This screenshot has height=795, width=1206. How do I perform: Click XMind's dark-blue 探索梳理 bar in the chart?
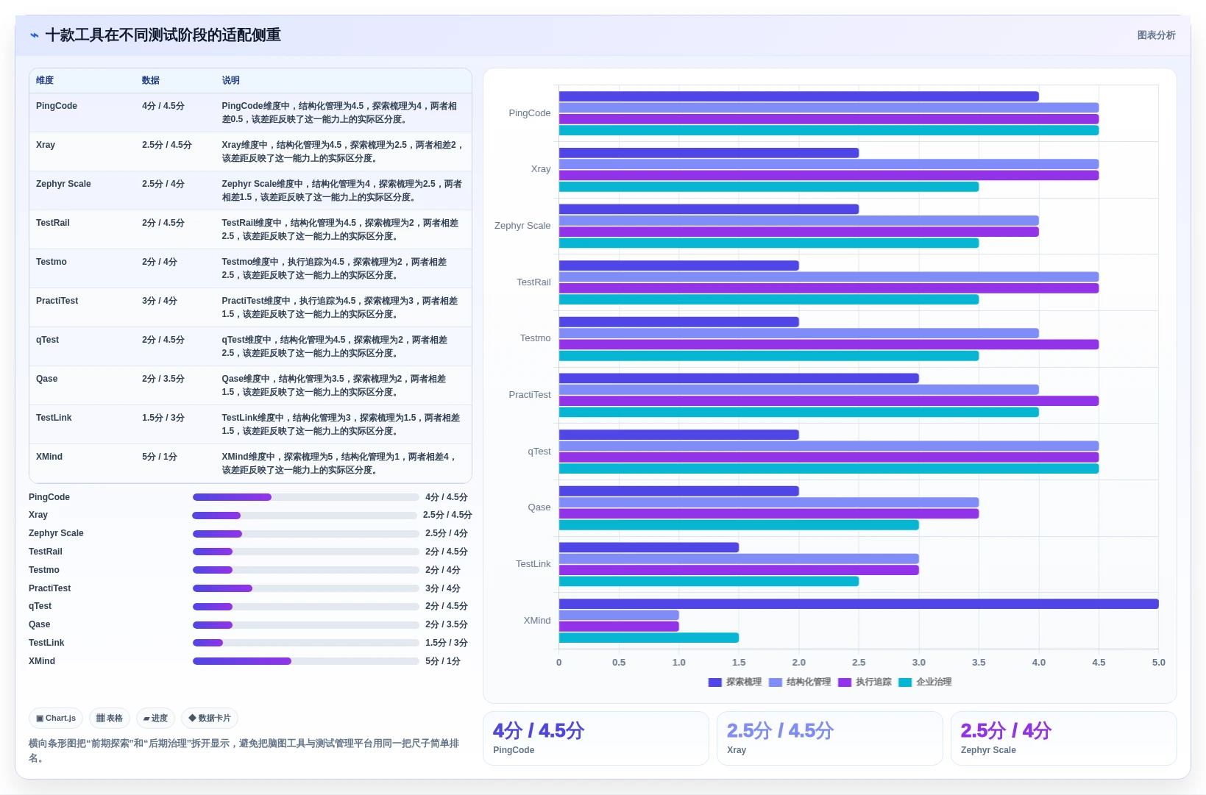(x=858, y=604)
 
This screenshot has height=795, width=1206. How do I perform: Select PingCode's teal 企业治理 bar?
(x=829, y=130)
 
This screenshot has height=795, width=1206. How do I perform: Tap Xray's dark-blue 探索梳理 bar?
(x=709, y=153)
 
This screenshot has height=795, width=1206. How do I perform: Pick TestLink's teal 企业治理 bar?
(x=709, y=581)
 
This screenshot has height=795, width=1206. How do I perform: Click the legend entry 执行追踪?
(x=865, y=682)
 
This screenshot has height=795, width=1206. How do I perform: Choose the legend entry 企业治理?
(x=925, y=682)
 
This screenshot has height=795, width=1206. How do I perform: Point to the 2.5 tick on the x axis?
(x=859, y=663)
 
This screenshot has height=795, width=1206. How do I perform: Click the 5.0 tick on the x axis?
(x=1159, y=663)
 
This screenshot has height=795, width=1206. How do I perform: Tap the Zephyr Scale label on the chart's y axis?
(x=522, y=226)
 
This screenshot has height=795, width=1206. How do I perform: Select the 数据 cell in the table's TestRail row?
(x=163, y=223)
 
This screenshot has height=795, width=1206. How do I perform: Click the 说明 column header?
(x=230, y=80)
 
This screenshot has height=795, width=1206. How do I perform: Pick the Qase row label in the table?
(x=47, y=379)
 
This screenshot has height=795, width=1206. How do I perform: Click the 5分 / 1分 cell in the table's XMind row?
(x=160, y=457)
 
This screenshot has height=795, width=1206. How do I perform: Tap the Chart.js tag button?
(x=56, y=718)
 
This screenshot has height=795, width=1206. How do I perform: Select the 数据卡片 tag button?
(x=210, y=718)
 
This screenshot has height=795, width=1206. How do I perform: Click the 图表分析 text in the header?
(x=1156, y=35)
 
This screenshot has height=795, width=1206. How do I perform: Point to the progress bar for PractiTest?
(x=306, y=588)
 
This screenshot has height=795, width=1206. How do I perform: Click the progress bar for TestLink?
(x=306, y=643)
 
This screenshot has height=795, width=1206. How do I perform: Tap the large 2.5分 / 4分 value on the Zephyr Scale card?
(x=1005, y=730)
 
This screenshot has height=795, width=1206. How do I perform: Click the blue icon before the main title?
(x=35, y=35)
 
